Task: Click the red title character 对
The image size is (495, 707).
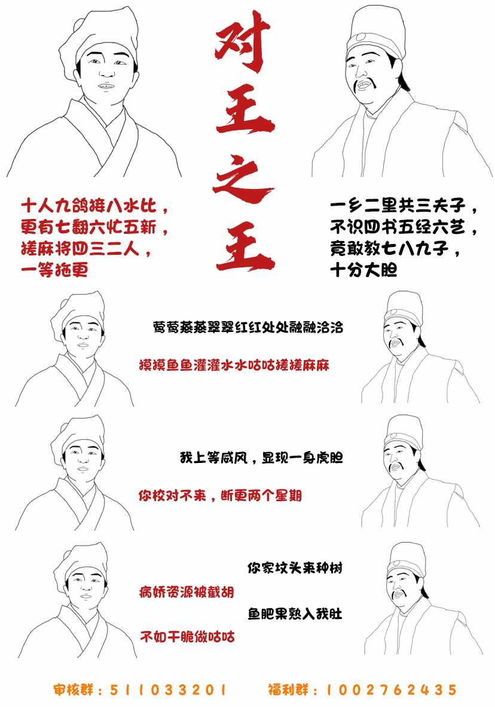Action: (243, 42)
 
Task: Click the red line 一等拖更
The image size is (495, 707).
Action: (54, 270)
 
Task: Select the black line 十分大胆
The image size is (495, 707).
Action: (363, 270)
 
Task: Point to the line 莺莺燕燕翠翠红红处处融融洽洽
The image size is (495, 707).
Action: (248, 327)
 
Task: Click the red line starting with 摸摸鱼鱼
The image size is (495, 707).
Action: (234, 365)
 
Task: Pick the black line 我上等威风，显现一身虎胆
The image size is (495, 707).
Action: (261, 458)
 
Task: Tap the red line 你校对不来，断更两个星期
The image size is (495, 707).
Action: (220, 495)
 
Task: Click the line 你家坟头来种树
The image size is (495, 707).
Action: (295, 567)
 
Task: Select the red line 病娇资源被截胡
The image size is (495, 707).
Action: (187, 592)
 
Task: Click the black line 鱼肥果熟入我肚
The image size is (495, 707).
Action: (295, 614)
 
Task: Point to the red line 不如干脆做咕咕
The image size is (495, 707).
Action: (187, 636)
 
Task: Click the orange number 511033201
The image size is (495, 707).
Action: (168, 690)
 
